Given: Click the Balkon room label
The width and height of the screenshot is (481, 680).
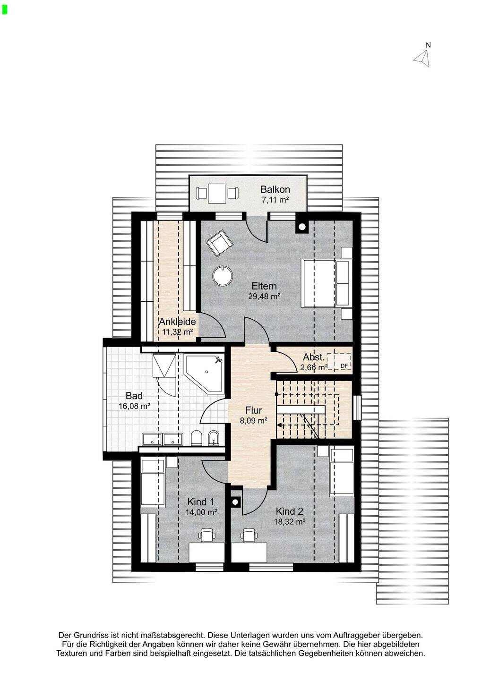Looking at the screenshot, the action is pos(275,189).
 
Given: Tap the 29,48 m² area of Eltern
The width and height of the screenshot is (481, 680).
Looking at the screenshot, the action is pos(264,297).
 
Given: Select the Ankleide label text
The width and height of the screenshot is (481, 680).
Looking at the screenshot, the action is pos(178,322).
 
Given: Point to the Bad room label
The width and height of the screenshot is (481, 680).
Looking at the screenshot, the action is pos(134,396).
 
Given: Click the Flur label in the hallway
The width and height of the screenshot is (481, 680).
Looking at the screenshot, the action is pos(254,410).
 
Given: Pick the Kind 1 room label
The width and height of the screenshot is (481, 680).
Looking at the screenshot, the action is pos(201,501).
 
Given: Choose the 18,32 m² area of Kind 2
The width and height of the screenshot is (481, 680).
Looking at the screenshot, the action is pos(289,521).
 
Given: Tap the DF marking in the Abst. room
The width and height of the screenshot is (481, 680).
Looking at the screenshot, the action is pos(344,366).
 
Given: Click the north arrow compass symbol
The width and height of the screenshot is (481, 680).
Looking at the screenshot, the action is pos(422,58).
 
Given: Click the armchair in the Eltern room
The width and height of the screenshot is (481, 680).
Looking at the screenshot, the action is pos(219,243).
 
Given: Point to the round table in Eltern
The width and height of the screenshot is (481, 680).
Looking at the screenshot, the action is pos(223,276).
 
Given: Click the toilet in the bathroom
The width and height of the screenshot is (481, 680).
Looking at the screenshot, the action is pos(197,438).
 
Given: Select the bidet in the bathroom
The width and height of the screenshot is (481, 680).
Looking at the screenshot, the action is pos(214,438).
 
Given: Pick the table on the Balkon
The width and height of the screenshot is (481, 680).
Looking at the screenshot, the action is pos(217,194).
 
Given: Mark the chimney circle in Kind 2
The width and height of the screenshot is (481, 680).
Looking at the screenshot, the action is pos(235,502).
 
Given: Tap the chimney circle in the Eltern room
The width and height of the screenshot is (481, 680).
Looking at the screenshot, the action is pos(302,227).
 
